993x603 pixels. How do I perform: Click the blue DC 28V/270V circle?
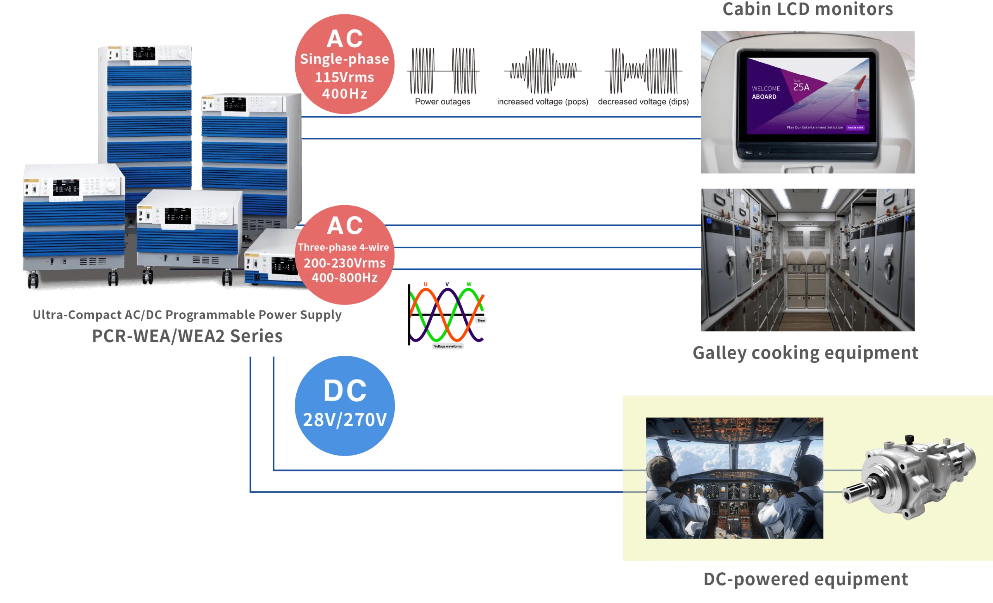click(x=344, y=405)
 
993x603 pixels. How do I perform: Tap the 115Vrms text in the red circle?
click(x=344, y=77)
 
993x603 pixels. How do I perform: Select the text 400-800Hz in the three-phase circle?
click(x=344, y=278)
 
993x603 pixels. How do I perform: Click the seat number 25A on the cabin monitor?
click(x=801, y=87)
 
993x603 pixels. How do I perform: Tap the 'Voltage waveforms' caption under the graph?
click(x=448, y=346)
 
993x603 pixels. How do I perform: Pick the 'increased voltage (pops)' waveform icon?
click(x=542, y=70)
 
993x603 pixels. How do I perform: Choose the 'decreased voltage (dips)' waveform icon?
click(x=644, y=70)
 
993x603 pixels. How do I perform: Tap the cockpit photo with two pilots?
click(x=734, y=478)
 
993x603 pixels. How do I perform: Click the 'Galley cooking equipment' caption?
click(x=805, y=353)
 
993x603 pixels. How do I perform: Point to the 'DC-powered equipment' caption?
click(x=806, y=579)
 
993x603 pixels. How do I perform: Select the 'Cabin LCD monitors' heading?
click(x=808, y=9)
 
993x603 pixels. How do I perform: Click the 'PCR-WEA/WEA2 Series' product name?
click(x=187, y=336)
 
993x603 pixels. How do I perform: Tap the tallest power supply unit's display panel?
click(x=144, y=53)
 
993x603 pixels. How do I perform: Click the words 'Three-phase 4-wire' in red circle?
click(x=343, y=247)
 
